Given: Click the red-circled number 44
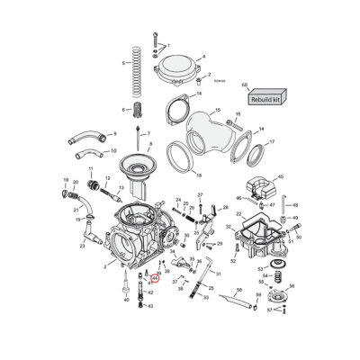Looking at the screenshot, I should (x=155, y=278).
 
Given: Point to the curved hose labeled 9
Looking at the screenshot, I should (x=86, y=139).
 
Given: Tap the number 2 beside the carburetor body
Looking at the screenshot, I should (x=104, y=265).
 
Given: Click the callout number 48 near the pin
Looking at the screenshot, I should (x=295, y=206).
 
